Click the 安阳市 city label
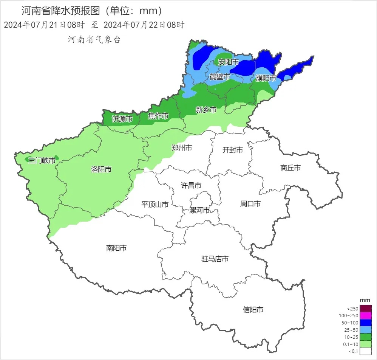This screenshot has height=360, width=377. point(229,62)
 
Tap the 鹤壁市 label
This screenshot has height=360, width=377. point(220,77)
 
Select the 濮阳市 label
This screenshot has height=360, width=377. point(266,78)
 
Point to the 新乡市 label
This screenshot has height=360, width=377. point(206,110)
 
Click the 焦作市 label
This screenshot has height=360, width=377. point(158,116)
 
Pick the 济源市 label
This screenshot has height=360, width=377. point(122,119)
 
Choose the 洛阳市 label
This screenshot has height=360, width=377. point(101,169)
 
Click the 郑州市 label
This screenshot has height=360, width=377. point(182,147)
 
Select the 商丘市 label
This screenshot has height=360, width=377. point(290,168)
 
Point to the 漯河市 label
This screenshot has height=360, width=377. point(199,210)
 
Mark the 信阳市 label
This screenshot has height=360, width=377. point(253,310)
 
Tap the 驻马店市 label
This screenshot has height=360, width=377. point(215,259)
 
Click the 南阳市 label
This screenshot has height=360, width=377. point(116,248)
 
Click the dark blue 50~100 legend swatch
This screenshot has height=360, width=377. point(366,323)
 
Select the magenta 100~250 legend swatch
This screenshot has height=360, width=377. point(366,315)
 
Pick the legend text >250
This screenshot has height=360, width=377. point(352,309)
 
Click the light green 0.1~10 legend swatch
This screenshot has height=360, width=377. point(366,344)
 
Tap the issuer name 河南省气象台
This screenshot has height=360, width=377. point(94,40)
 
